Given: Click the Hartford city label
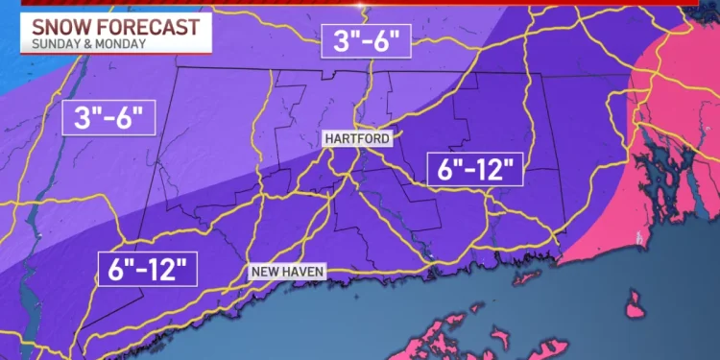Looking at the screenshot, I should (x=357, y=139).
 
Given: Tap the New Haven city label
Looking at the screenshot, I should (x=287, y=272).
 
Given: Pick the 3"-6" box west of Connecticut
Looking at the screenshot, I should (x=108, y=119).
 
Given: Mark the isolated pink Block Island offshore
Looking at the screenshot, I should (x=634, y=309).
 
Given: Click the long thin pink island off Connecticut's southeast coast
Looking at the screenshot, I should (x=525, y=278).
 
